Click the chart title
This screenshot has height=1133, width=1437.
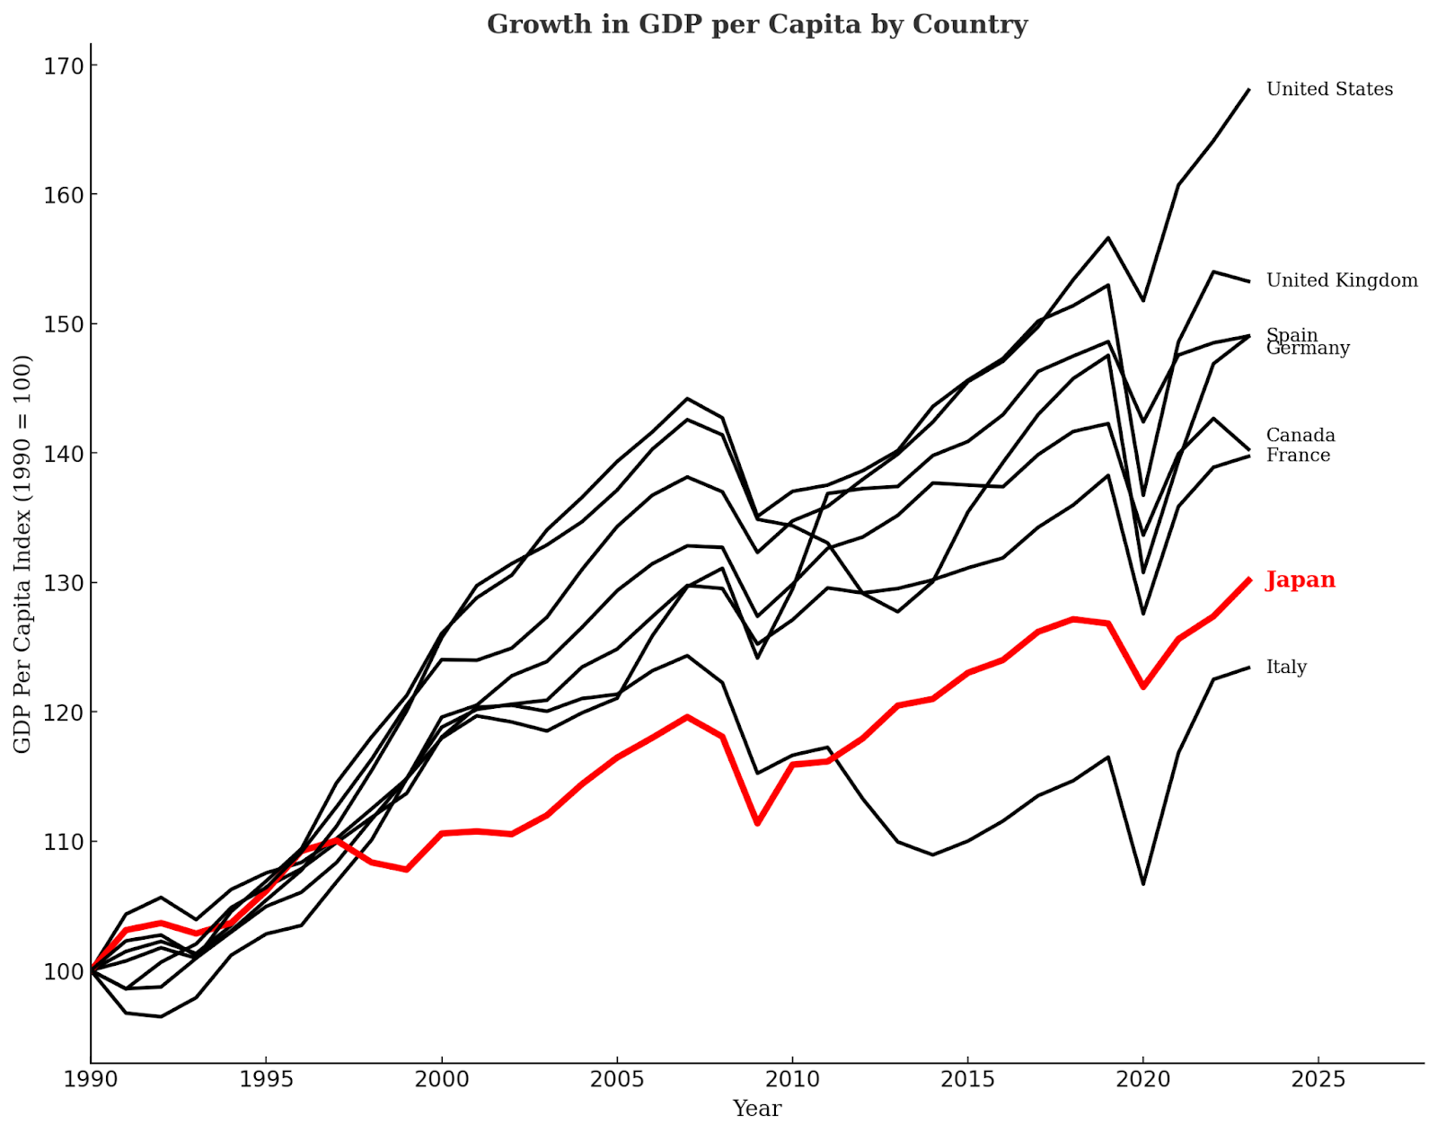point(756,24)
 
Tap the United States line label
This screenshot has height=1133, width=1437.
point(1329,89)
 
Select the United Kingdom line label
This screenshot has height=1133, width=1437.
point(1342,280)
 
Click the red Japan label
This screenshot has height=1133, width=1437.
point(1300,580)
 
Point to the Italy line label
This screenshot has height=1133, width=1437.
point(1286,667)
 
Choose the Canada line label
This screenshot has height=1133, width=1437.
point(1300,435)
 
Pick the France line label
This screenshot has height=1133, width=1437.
point(1298,456)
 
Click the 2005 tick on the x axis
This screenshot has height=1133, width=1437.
point(616,1079)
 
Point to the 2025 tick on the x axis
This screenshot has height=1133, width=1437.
point(1318,1079)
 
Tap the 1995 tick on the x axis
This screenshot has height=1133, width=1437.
point(266,1079)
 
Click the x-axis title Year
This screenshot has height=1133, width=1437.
point(756,1109)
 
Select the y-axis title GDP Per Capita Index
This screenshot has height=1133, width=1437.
point(22,553)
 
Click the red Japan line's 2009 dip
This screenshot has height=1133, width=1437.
point(757,823)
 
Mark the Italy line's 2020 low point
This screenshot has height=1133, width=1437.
point(1143,884)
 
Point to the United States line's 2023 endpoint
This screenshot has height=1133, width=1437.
point(1248,90)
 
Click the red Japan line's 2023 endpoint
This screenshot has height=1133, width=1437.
point(1248,580)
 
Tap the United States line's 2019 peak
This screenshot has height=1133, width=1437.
point(1108,238)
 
